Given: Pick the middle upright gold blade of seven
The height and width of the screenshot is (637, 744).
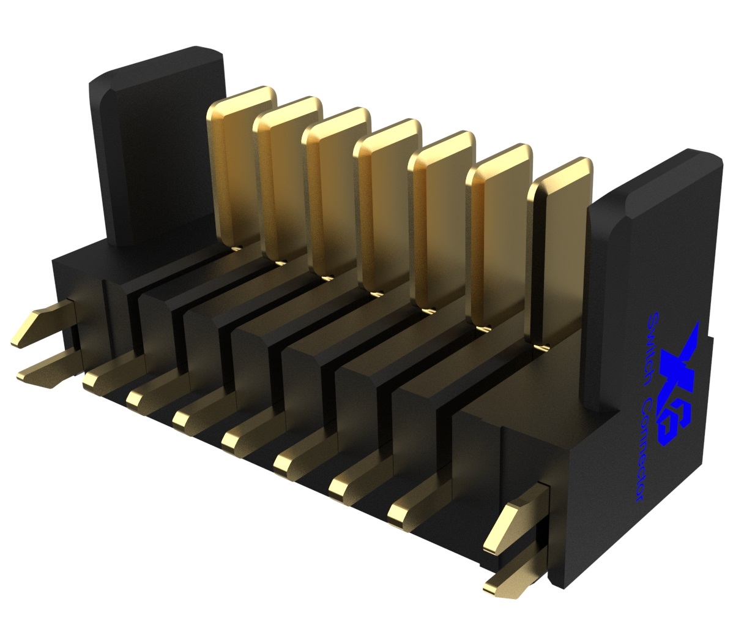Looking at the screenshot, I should pos(389,205).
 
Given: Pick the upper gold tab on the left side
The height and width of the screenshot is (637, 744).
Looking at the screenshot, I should pos(43,325).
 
